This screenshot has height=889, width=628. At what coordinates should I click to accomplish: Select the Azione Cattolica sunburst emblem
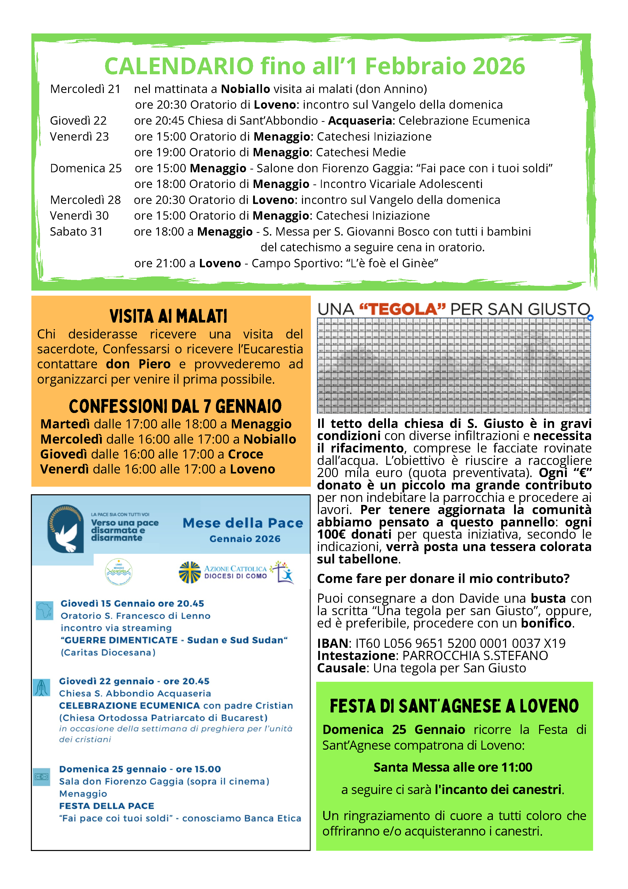pyautogui.click(x=190, y=572)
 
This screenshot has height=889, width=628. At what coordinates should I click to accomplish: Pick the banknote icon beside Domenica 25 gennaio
pyautogui.click(x=42, y=777)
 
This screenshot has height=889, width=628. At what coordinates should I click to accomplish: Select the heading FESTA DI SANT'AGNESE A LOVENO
pyautogui.click(x=454, y=706)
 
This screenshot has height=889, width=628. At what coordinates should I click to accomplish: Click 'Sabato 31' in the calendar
pyautogui.click(x=76, y=232)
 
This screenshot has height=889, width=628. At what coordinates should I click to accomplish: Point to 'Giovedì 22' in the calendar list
pyautogui.click(x=78, y=121)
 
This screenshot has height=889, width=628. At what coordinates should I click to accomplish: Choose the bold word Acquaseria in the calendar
pyautogui.click(x=360, y=121)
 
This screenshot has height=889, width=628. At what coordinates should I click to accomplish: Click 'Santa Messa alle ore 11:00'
pyautogui.click(x=453, y=767)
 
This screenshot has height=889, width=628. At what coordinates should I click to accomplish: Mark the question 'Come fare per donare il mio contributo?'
pyautogui.click(x=443, y=578)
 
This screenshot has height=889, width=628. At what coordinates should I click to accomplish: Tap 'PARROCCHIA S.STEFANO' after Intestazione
pyautogui.click(x=475, y=656)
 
